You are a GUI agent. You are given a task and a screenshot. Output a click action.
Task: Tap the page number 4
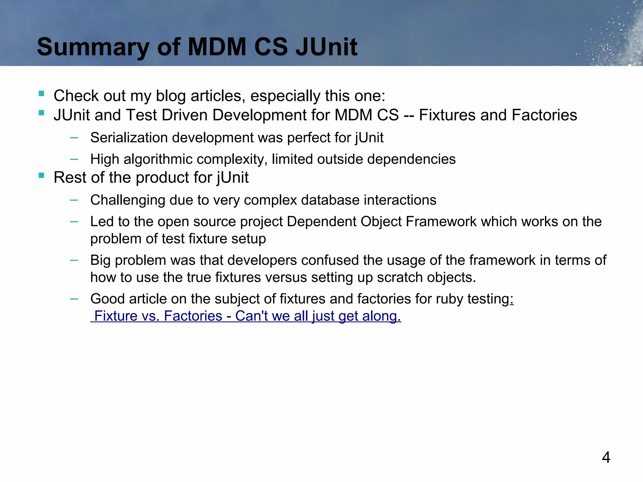point(606,457)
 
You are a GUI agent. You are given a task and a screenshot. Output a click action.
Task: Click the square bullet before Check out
point(41,94)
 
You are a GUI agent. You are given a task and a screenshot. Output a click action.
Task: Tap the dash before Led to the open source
point(74,222)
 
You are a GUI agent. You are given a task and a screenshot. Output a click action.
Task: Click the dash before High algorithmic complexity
point(74,159)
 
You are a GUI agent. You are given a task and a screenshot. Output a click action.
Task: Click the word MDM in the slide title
point(217,47)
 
